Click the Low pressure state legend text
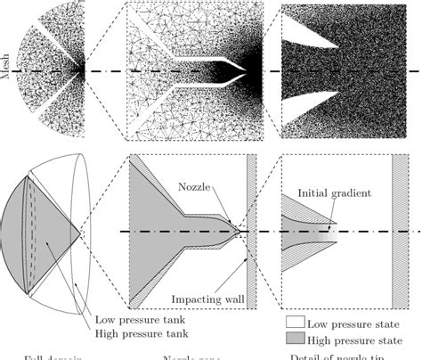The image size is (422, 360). point(353,323)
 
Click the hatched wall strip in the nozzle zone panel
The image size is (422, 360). point(251,232)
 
